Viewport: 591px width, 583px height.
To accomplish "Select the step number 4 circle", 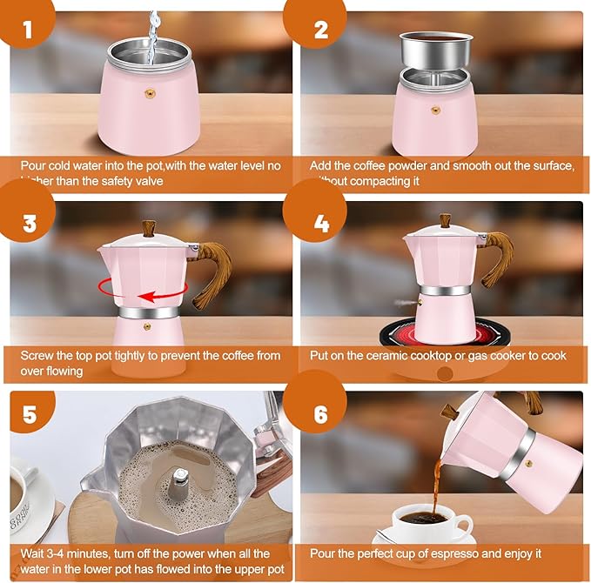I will (321, 224).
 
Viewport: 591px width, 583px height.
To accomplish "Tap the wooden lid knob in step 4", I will (445, 220).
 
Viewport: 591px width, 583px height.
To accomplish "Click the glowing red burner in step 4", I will (444, 338).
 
